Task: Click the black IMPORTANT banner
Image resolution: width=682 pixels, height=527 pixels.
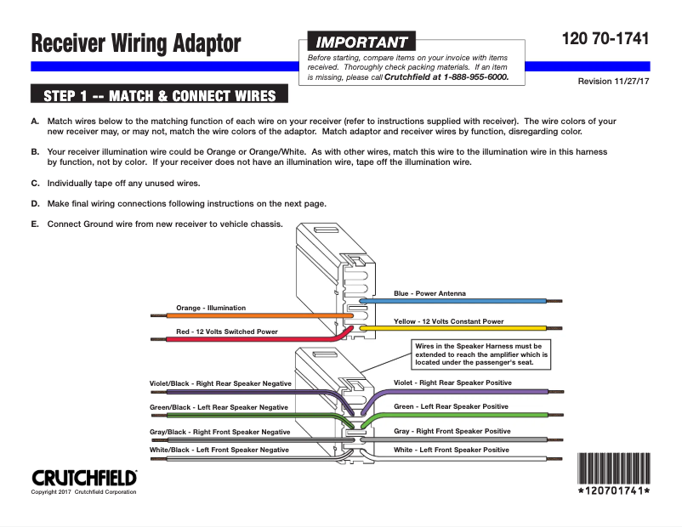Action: (361, 42)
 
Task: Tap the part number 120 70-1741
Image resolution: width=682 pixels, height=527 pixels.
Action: (605, 39)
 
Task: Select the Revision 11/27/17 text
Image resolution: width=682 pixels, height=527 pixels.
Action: (613, 82)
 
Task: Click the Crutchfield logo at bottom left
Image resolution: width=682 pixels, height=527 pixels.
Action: (84, 478)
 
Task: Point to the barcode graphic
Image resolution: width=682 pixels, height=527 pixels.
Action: (614, 468)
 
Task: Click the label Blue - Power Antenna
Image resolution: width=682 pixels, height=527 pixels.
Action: (429, 293)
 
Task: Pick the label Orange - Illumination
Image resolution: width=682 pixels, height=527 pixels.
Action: (211, 308)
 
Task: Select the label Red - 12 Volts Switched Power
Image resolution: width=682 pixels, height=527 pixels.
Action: (227, 331)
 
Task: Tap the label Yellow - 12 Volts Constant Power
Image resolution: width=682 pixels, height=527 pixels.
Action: (449, 321)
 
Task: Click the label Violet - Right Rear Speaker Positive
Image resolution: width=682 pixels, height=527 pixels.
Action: (452, 382)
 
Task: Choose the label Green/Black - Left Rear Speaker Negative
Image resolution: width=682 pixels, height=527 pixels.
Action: (219, 407)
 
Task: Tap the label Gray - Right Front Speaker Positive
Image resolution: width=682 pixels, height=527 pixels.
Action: (452, 431)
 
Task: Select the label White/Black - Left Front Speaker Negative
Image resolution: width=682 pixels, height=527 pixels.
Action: (219, 450)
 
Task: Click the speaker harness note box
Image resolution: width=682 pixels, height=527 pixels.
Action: (481, 354)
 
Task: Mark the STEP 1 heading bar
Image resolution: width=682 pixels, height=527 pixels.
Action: (159, 93)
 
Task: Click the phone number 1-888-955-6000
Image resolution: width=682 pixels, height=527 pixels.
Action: (476, 77)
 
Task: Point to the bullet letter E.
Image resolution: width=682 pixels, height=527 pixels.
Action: (35, 224)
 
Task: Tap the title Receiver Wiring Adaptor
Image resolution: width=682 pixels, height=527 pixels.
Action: (136, 43)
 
